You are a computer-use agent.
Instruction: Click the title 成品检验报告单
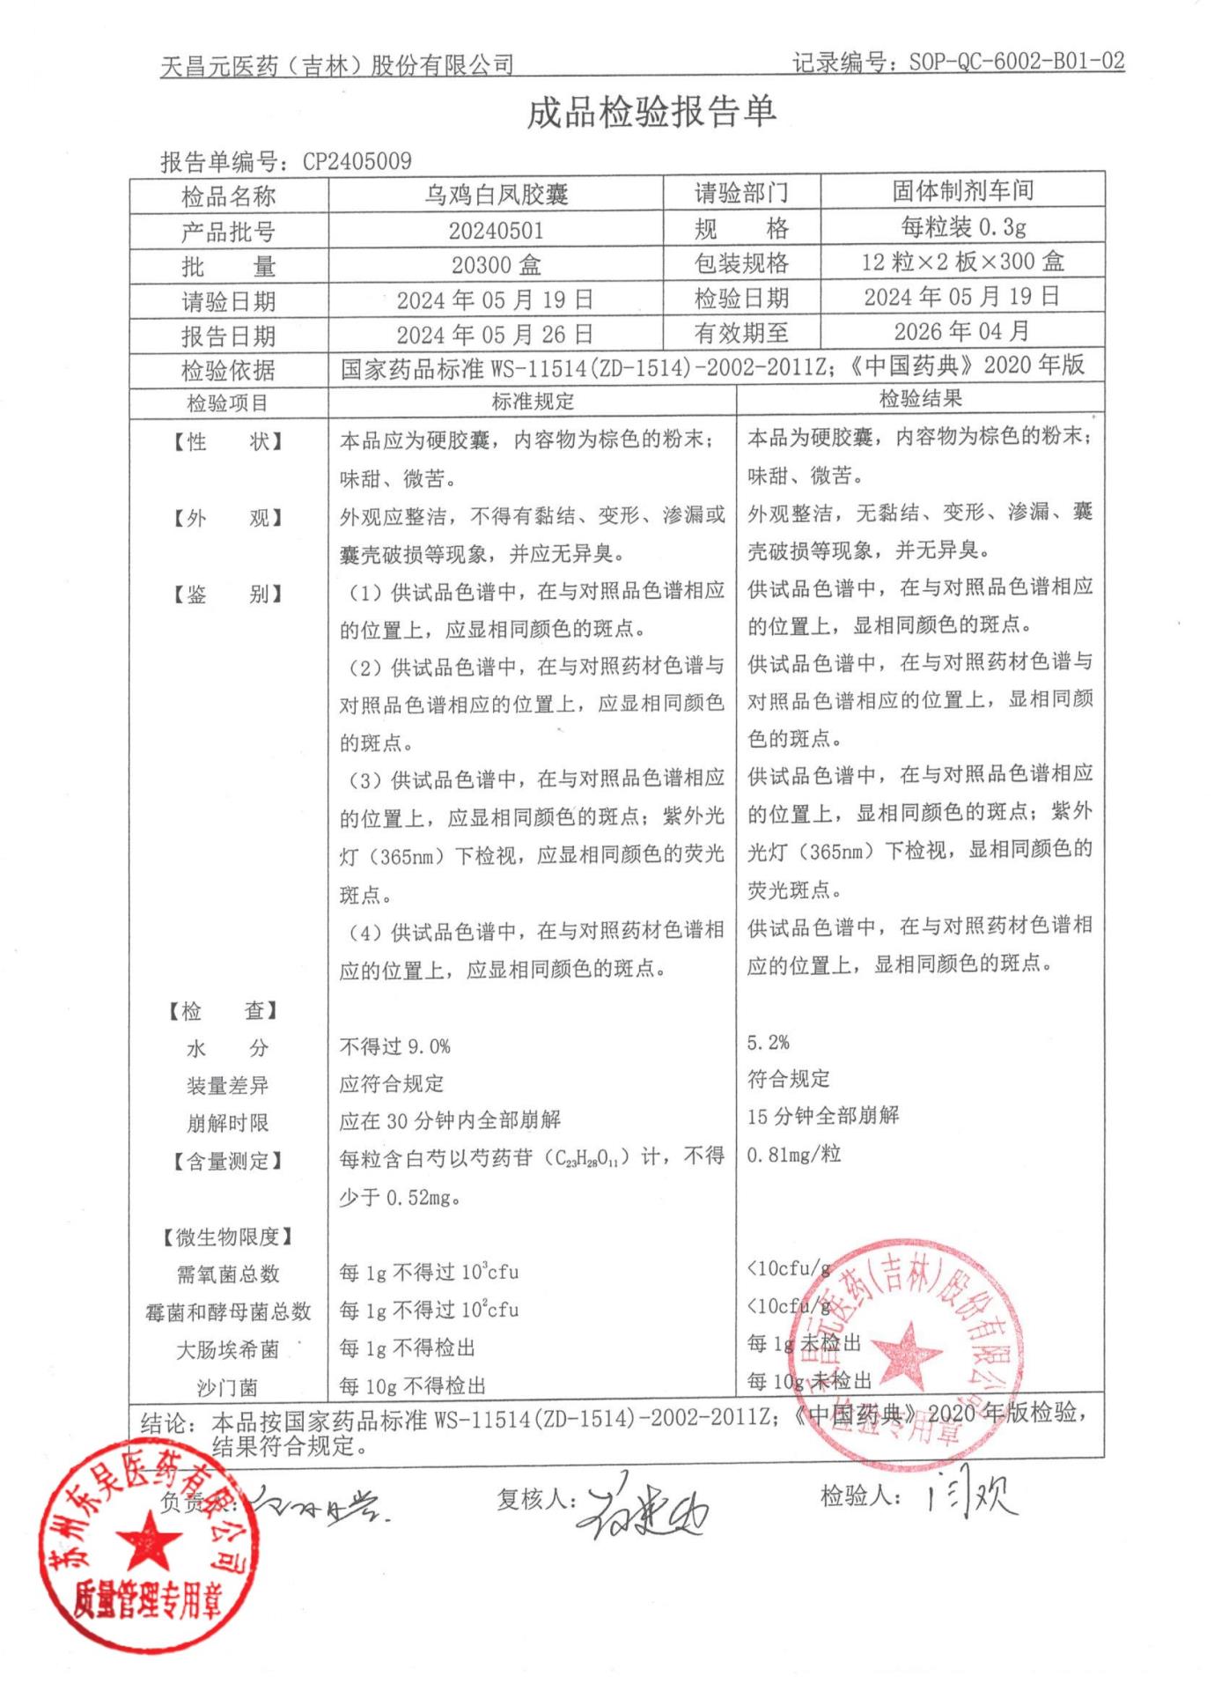651,112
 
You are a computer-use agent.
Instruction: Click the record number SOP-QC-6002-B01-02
1016,62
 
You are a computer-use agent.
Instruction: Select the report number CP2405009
357,161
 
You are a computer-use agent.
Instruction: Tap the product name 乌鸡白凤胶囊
496,194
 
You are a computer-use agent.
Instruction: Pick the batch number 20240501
496,231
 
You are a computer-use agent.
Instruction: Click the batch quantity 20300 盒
496,265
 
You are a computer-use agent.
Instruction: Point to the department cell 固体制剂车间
962,190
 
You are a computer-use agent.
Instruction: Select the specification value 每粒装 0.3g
962,227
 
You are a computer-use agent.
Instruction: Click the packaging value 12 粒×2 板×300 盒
962,262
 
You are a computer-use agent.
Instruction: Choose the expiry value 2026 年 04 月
961,331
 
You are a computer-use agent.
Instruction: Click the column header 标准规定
533,402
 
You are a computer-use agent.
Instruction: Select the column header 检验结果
921,399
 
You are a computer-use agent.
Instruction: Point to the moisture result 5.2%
768,1043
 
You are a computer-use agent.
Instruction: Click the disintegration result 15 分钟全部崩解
823,1116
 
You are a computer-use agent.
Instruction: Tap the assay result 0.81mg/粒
794,1154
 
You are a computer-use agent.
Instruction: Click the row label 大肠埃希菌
228,1349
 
